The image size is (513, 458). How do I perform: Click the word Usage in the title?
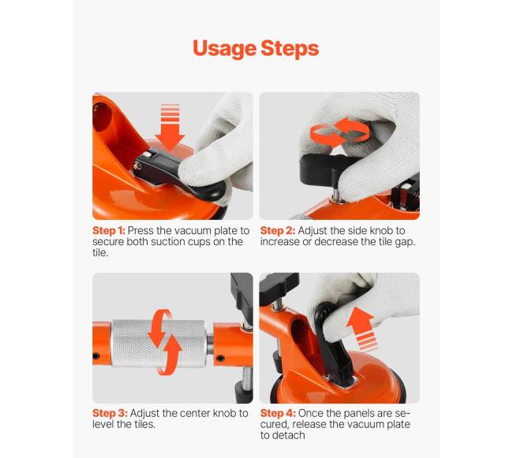224,49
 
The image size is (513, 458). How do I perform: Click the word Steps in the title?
290,49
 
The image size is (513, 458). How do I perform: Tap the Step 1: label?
109,231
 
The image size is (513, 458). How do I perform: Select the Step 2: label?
278,231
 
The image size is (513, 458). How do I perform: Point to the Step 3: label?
110,413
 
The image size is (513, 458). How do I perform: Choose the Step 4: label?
278,413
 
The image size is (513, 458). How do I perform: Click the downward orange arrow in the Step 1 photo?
170,128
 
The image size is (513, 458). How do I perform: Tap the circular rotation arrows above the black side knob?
340,132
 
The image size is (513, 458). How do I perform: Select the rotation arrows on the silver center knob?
165,342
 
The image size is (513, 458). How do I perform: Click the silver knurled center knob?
159,343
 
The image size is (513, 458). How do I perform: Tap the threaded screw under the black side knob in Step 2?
334,193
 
